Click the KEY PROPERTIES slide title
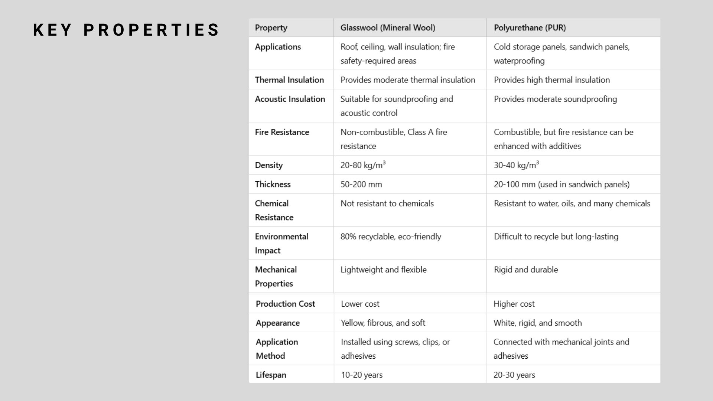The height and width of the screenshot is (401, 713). [x=126, y=30]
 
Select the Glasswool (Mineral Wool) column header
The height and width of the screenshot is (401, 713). [x=388, y=28]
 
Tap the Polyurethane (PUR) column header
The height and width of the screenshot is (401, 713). [x=530, y=28]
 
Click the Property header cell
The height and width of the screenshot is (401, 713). [x=271, y=28]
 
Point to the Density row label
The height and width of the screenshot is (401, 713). [x=269, y=165]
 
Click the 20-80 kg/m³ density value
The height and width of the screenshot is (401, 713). [x=363, y=165]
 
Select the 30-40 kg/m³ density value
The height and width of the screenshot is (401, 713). [x=516, y=165]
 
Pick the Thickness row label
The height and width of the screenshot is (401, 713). [x=273, y=184]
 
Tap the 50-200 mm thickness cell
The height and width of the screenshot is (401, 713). [x=361, y=184]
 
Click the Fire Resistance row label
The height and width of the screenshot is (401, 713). [x=282, y=132]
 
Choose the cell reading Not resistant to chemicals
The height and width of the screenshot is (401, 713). [x=387, y=203]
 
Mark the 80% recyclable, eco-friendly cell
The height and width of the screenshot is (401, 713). [x=391, y=237]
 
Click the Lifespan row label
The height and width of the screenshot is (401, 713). [x=271, y=375]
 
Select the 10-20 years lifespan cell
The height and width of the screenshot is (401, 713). [x=362, y=375]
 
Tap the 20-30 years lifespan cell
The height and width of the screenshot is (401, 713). [x=514, y=375]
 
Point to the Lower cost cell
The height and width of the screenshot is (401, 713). [x=360, y=304]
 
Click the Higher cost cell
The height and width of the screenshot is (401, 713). [x=514, y=304]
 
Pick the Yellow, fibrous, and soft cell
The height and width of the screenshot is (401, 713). [x=383, y=323]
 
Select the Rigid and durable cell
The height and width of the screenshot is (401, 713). [x=526, y=270]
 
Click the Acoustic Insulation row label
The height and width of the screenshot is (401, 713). [x=290, y=99]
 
